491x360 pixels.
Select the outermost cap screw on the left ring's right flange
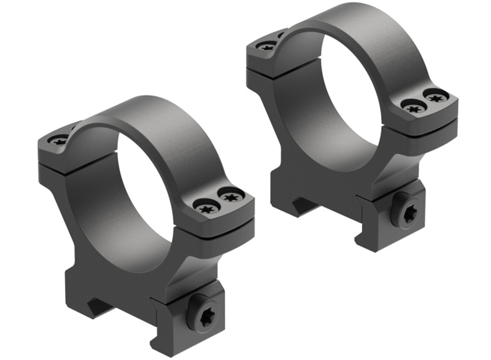pyautogui.click(x=231, y=197)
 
